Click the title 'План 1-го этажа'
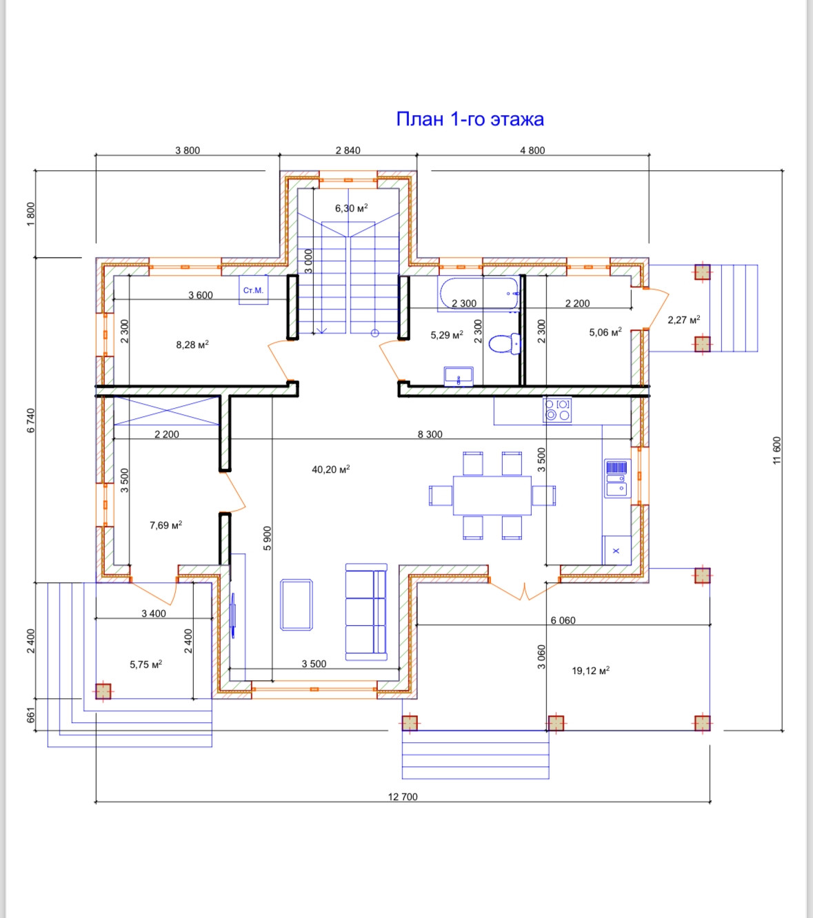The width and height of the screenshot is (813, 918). pos(470,119)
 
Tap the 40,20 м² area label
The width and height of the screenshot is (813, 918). pos(330,469)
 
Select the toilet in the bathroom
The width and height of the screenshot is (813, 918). pos(504,343)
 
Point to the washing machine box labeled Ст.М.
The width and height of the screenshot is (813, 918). pos(254,289)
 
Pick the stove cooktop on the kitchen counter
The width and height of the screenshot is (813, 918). pos(556,410)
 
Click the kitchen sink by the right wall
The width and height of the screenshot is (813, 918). pos(617,478)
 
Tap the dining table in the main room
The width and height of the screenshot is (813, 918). pos(492,496)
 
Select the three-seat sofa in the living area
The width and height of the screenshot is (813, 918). pos(366,612)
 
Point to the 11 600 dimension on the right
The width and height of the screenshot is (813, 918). pos(776,450)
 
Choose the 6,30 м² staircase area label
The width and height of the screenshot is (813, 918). pos(352,208)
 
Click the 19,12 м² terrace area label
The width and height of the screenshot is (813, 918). pos(590,670)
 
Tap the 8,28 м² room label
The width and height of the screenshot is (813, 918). pos(192,345)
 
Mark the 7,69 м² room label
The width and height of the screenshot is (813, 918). pos(166,524)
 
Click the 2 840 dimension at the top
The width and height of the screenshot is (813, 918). pos(348,150)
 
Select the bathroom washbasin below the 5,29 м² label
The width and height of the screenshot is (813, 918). pos(459,376)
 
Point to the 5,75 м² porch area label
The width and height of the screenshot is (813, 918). pos(146,664)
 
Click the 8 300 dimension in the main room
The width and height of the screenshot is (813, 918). pos(430,434)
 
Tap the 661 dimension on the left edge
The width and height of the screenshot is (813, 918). pos(31,714)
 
